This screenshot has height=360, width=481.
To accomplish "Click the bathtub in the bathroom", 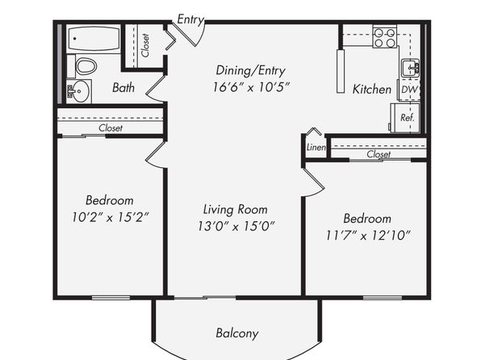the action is (x=94, y=39).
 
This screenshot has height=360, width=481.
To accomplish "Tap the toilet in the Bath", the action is (x=86, y=66).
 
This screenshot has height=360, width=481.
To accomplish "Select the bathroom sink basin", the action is (x=81, y=91).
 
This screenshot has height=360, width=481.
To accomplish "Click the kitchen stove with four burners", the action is (x=385, y=39).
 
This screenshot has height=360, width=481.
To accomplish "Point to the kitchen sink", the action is (x=410, y=68).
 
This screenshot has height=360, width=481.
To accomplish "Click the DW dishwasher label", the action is (x=409, y=90).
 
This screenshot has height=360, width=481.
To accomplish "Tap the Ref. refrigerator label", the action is (x=407, y=118).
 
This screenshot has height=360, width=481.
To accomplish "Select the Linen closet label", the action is (x=316, y=147).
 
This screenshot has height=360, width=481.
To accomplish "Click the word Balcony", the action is (x=237, y=333).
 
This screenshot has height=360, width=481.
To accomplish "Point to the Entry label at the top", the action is (x=190, y=19).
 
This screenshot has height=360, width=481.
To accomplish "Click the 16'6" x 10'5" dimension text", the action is (x=251, y=87).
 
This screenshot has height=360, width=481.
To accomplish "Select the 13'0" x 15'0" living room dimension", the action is (x=236, y=227).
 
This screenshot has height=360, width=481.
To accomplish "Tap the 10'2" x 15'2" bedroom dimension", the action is (x=110, y=218).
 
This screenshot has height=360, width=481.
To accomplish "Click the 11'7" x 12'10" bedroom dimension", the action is (x=367, y=236).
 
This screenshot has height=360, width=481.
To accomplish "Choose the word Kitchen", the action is (x=372, y=90).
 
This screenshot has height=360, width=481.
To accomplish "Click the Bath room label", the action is (x=123, y=88).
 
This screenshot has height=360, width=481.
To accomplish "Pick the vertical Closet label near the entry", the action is (x=145, y=45).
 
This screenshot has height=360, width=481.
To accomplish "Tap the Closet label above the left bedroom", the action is (x=111, y=128).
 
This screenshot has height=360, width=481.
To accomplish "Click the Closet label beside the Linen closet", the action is (x=379, y=154).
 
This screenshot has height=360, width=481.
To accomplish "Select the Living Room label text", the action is (x=236, y=210).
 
